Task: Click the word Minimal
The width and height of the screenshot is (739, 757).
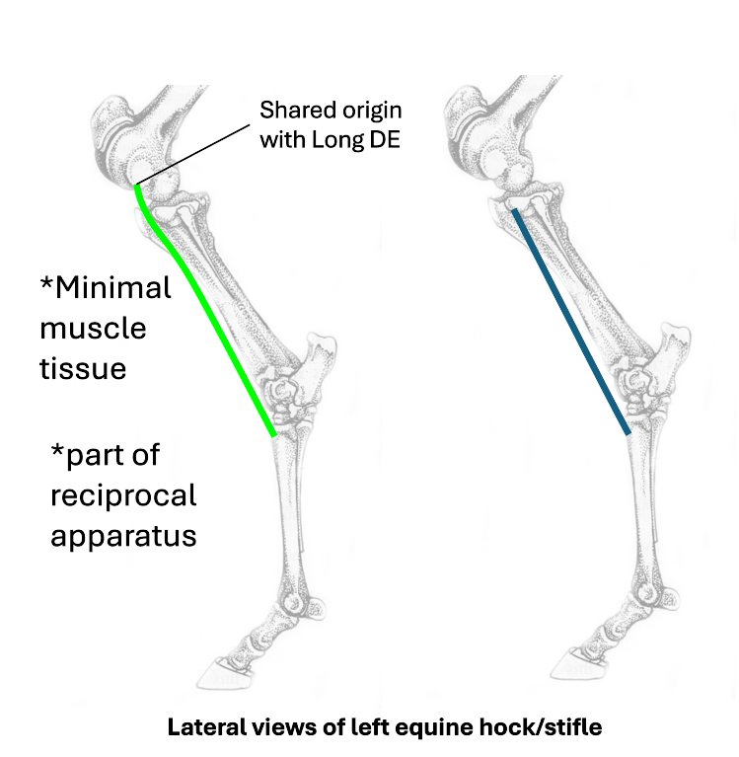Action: [x=111, y=288]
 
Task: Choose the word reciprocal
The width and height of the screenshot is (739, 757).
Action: [x=123, y=496]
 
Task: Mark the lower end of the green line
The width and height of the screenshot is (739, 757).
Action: [x=272, y=433]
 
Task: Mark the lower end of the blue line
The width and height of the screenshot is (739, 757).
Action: [x=628, y=431]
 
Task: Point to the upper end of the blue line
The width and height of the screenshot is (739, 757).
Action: [x=513, y=208]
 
